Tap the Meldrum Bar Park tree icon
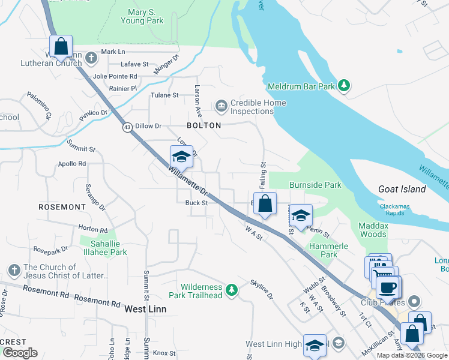click(344, 86)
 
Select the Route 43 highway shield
click(127, 127)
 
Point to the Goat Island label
click(402, 189)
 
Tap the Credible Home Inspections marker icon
click(221, 107)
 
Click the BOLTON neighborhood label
click(204, 125)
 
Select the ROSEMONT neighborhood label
click(62, 207)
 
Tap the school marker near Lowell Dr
click(181, 157)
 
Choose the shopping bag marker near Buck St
click(265, 204)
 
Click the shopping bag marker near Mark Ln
click(61, 46)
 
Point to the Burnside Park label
click(315, 185)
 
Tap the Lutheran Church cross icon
click(91, 58)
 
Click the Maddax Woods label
click(373, 230)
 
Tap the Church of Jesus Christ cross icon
click(13, 271)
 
